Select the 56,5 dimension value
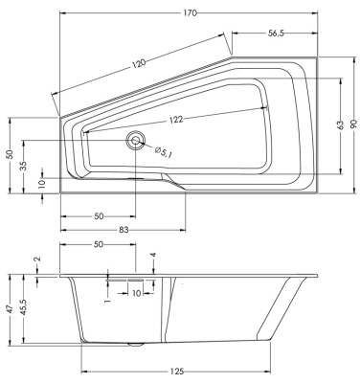tap(276, 33)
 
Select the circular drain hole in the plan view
tap(134, 140)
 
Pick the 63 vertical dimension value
tap(338, 125)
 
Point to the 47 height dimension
tap(10, 311)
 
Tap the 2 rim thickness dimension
tap(37, 259)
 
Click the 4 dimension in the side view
tap(153, 256)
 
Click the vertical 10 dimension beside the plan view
tap(42, 183)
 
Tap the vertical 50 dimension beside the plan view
tap(9, 154)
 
